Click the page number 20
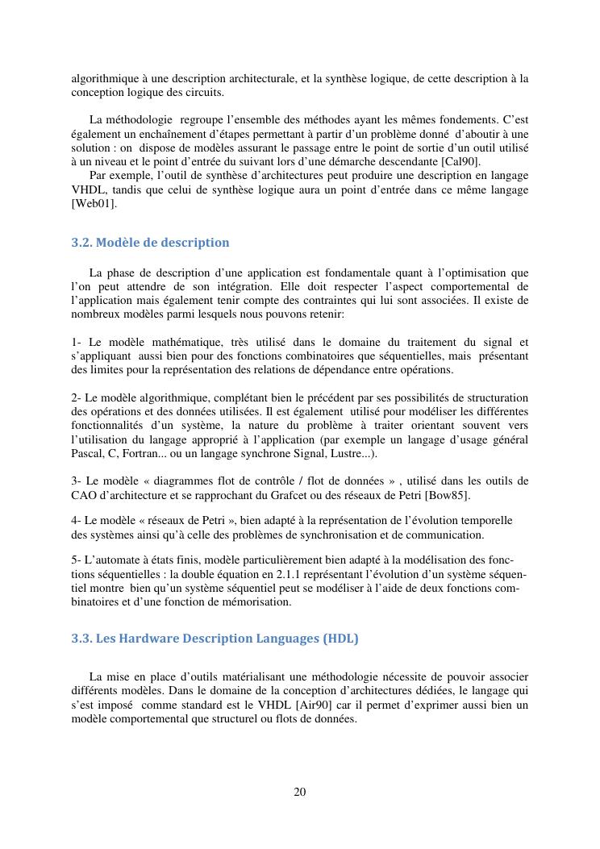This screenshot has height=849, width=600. [300, 792]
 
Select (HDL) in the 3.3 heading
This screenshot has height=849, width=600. [340, 639]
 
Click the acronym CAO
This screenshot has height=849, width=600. [84, 494]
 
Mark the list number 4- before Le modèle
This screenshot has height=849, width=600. [77, 520]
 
